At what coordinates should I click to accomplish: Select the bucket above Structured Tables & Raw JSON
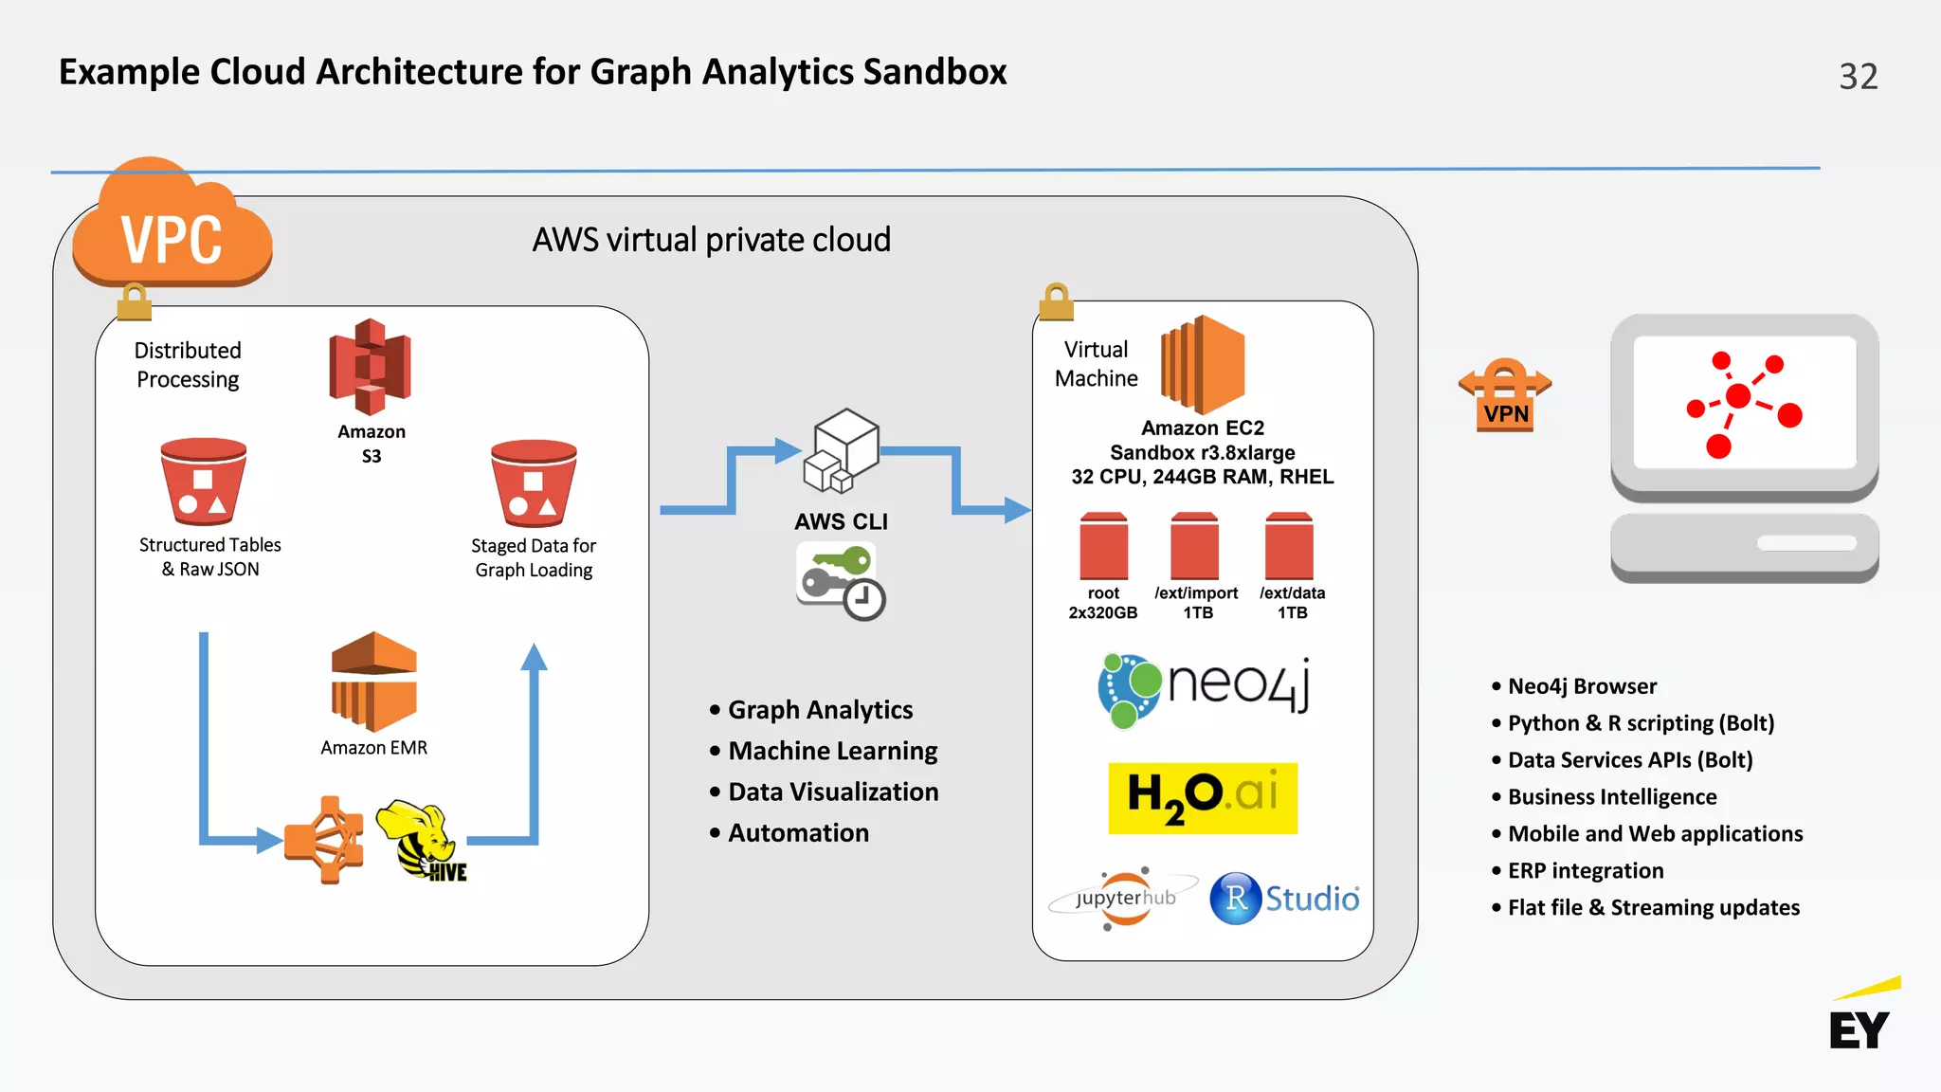tap(203, 482)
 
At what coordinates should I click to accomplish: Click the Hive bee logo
tap(421, 840)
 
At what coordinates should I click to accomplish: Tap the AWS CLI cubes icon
tap(842, 451)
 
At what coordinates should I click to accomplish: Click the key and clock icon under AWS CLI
tap(841, 581)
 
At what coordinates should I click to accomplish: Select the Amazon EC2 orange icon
tap(1203, 365)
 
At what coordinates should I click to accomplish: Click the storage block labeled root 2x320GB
tap(1103, 546)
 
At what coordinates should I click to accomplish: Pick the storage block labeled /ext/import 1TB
tap(1194, 546)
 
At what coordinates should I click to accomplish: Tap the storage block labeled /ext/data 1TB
tap(1289, 546)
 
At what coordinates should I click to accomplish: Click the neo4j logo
tap(1205, 689)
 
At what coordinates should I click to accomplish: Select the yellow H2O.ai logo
tap(1203, 798)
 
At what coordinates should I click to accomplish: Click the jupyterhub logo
tap(1124, 898)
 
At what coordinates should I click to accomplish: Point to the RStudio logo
tap(1284, 898)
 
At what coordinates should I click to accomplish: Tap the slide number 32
tap(1858, 77)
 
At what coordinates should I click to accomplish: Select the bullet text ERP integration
tap(1586, 871)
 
